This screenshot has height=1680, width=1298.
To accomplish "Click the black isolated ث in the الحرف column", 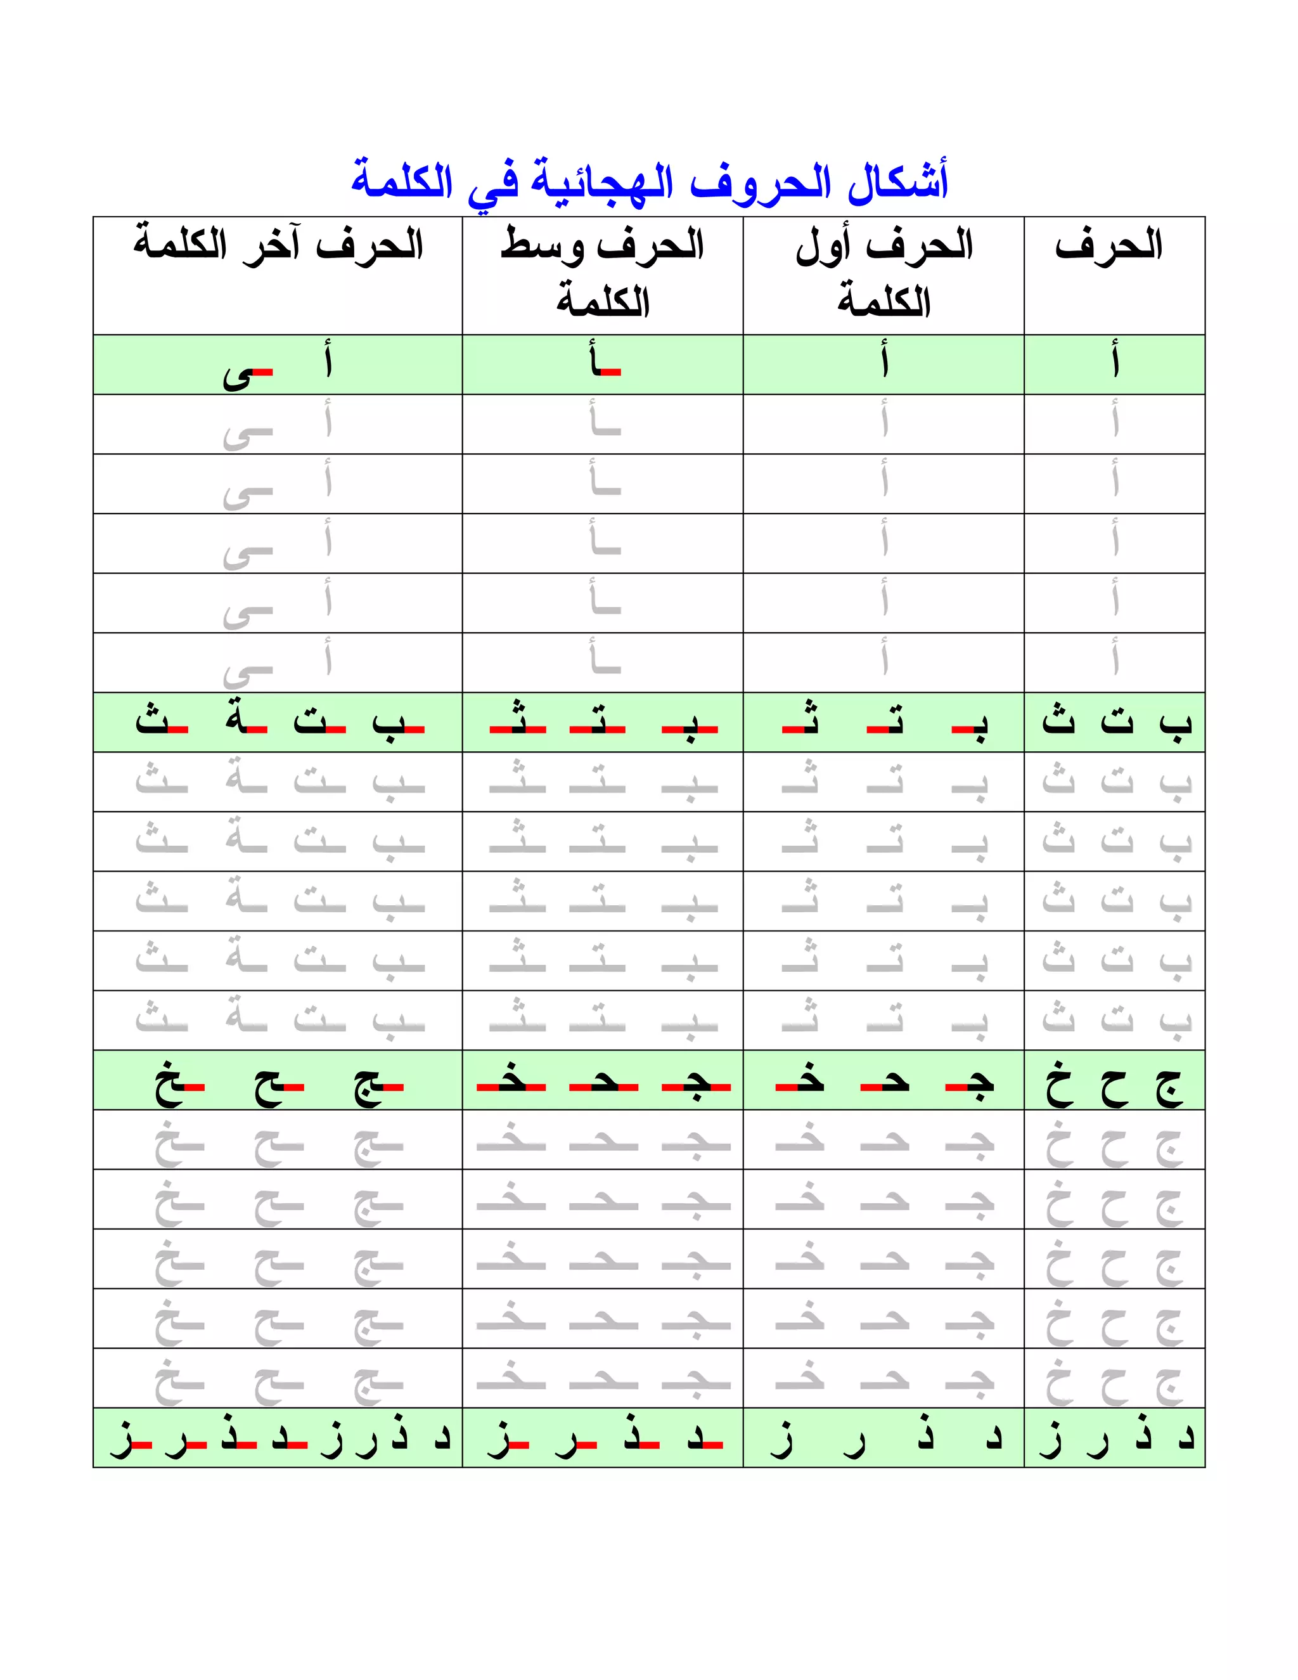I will [x=1058, y=721].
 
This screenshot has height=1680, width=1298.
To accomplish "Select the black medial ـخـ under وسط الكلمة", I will [x=511, y=1082].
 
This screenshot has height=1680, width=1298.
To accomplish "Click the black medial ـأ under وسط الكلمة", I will [x=605, y=360].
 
